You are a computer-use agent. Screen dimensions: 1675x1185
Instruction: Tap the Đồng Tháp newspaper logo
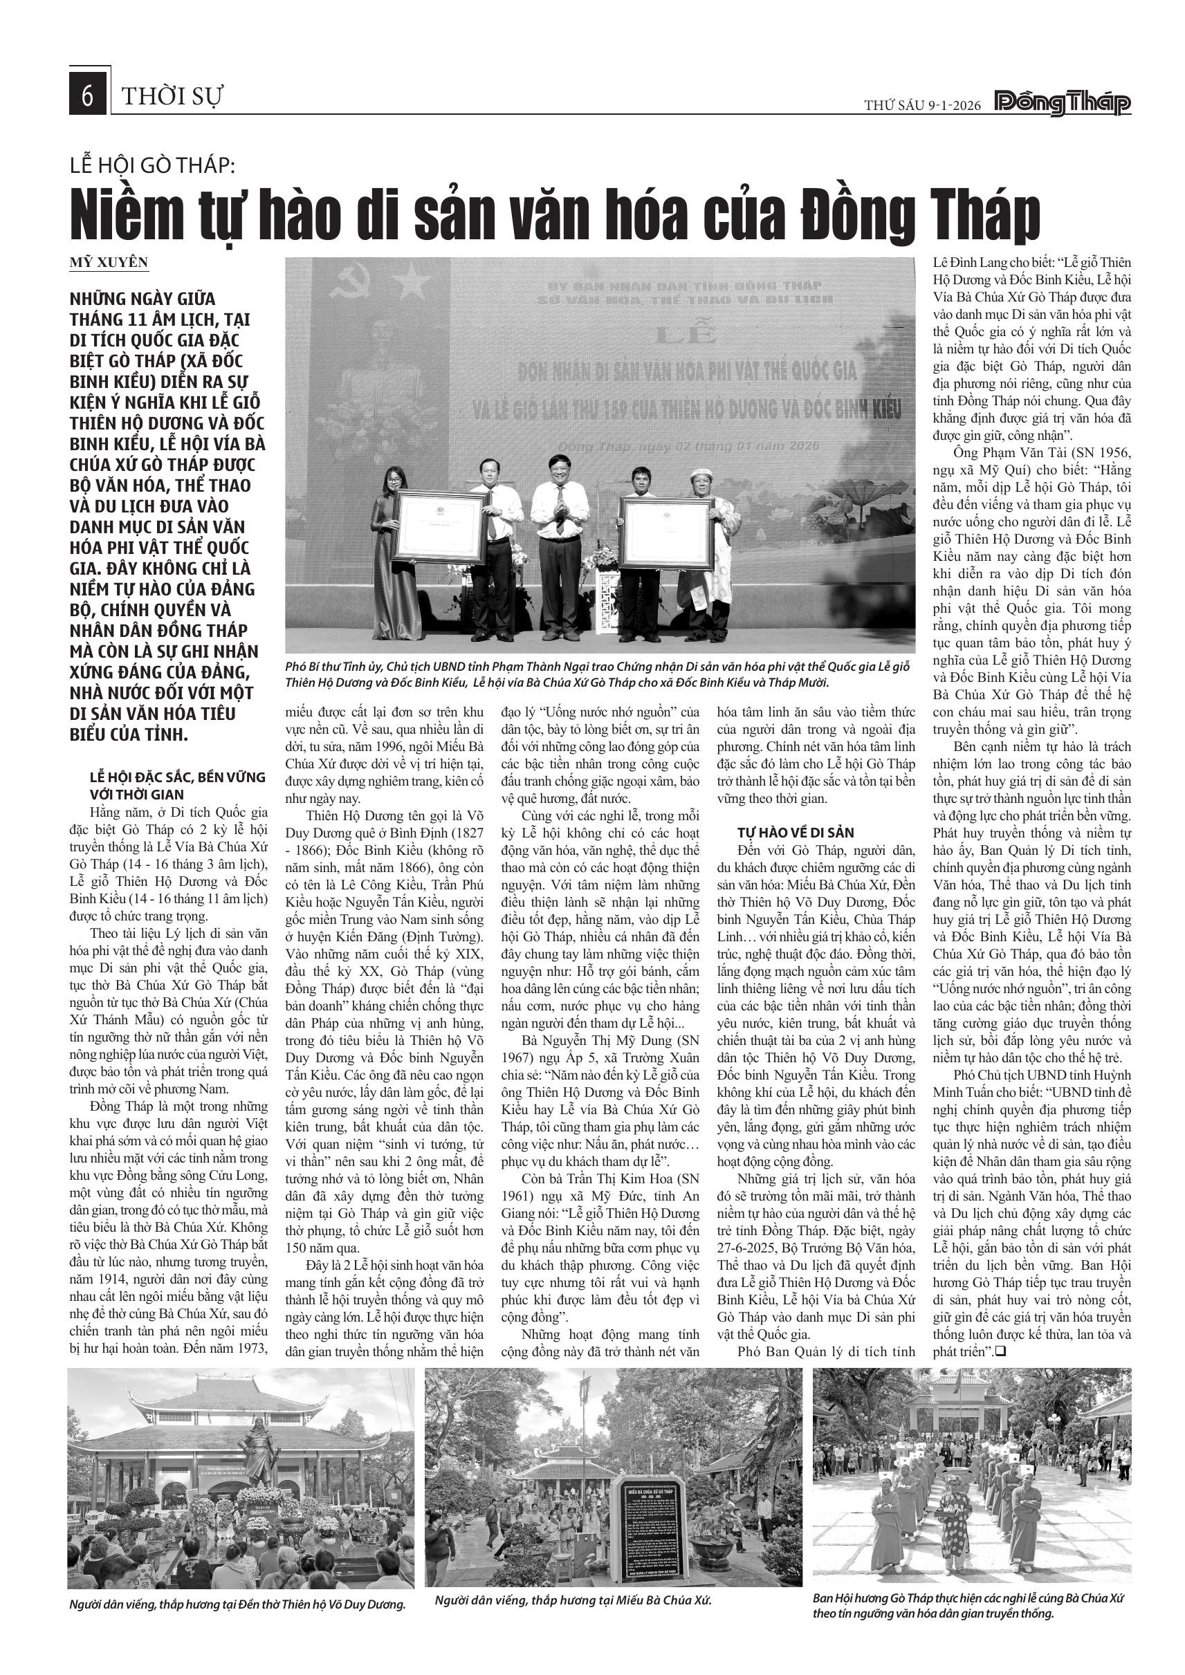coord(1063,104)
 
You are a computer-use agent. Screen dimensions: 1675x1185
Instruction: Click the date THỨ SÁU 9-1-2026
coord(924,105)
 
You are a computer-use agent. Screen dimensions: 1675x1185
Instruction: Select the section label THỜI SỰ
coord(172,96)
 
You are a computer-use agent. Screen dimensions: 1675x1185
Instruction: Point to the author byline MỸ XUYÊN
coord(109,263)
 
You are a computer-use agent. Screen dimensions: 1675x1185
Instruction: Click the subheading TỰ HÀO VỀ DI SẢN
coord(796,833)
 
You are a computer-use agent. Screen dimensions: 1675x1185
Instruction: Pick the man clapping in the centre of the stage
coord(559,540)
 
